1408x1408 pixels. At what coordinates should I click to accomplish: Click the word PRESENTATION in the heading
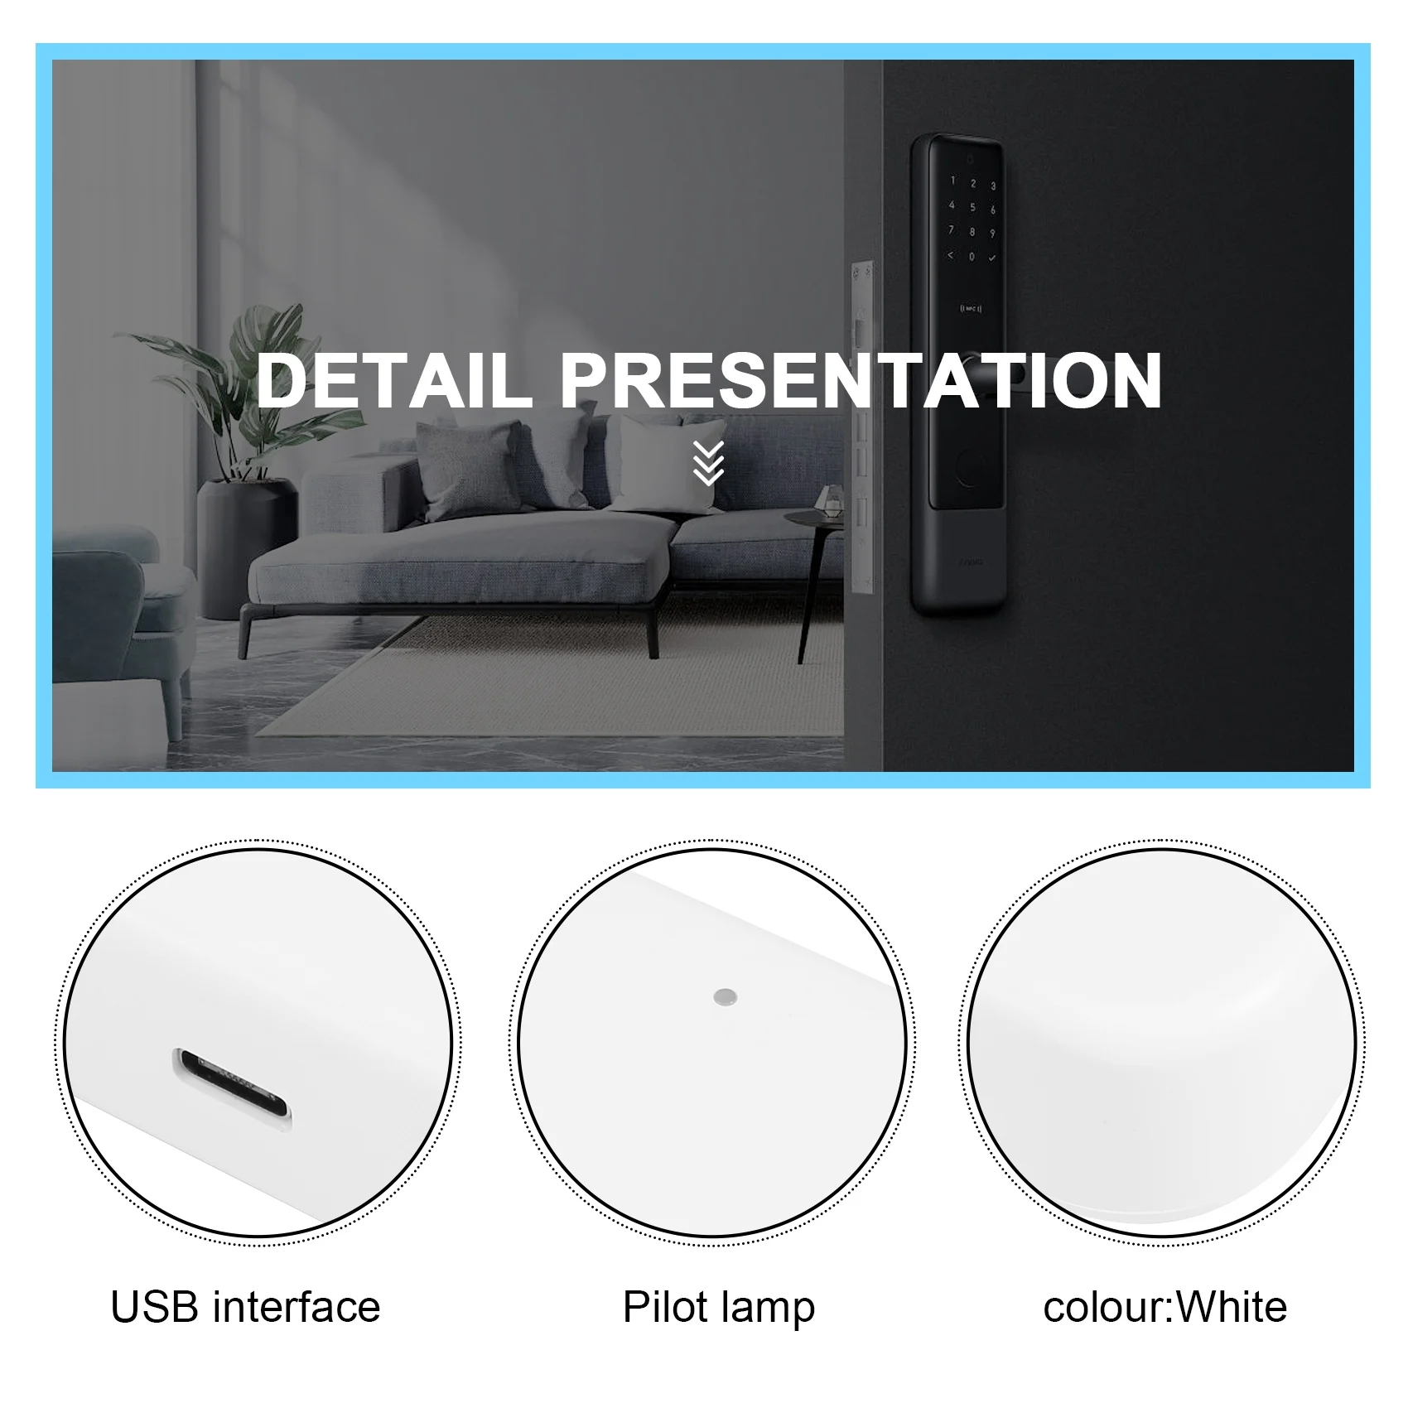861,380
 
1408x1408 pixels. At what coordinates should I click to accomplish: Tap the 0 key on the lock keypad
972,257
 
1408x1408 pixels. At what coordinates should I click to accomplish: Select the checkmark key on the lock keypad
992,258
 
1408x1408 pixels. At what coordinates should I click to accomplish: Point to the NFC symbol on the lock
971,309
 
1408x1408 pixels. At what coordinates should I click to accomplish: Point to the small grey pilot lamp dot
726,996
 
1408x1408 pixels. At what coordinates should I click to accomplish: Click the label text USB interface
245,1307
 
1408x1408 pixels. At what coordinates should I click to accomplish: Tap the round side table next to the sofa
816,530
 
